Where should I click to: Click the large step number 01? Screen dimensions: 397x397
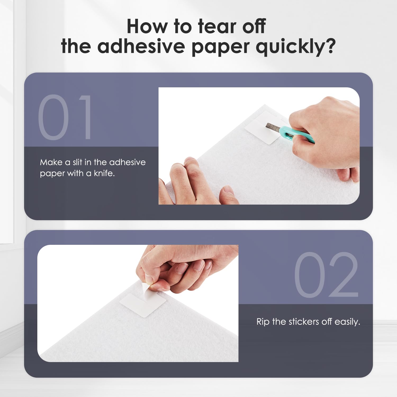tap(65, 117)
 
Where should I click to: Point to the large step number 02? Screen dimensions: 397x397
tap(326, 274)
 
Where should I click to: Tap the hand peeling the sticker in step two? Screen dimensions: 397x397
tap(183, 267)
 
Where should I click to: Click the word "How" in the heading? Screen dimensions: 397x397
tap(147, 26)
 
